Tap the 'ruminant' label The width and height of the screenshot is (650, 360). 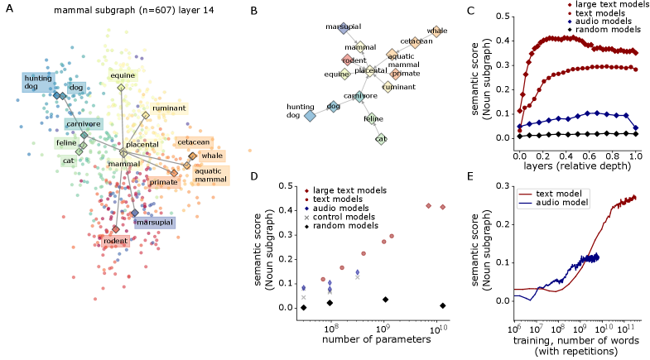pyautogui.click(x=169, y=108)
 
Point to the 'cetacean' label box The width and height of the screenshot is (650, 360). pyautogui.click(x=193, y=142)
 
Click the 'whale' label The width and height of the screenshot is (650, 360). pyautogui.click(x=212, y=156)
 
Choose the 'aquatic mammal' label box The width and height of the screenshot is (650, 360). pyautogui.click(x=210, y=175)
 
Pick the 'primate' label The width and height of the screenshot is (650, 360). pyautogui.click(x=164, y=182)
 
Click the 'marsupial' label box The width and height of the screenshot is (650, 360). pyautogui.click(x=154, y=223)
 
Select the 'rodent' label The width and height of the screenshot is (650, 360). pyautogui.click(x=114, y=241)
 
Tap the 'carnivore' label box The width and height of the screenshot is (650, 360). pyautogui.click(x=84, y=124)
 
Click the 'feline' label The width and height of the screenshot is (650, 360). pyautogui.click(x=66, y=143)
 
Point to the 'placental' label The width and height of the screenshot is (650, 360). pyautogui.click(x=142, y=145)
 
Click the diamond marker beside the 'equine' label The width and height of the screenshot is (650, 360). pyautogui.click(x=121, y=87)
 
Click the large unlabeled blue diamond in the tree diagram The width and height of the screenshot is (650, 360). pyautogui.click(x=310, y=116)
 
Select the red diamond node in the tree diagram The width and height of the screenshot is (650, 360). pyautogui.click(x=348, y=60)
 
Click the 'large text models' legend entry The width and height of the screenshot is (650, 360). pyautogui.click(x=349, y=191)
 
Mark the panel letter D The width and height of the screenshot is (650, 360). pyautogui.click(x=253, y=176)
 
